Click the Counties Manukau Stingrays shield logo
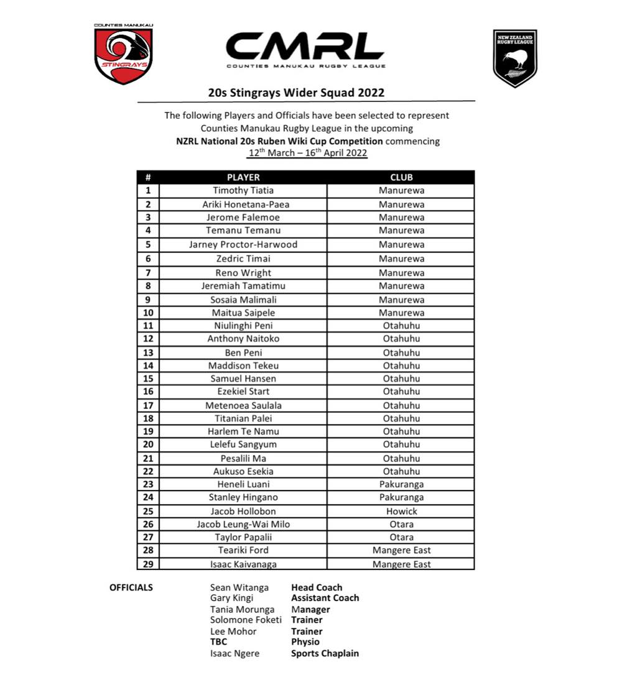pos(123,55)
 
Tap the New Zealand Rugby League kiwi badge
pos(515,58)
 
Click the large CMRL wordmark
pos(305,47)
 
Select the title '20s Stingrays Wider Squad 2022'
pos(296,93)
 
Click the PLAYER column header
pos(243,177)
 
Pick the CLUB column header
pos(401,177)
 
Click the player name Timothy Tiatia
pos(243,191)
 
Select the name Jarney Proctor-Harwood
pos(243,245)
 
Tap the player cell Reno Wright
pos(243,273)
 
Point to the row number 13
pos(148,352)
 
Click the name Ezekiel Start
pos(243,392)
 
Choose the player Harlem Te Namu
pos(243,431)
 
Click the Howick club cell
pos(401,511)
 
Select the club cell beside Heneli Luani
pos(401,484)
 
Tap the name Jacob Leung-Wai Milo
pos(243,524)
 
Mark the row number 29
pos(148,564)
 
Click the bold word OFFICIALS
pos(131,587)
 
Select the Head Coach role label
pos(317,587)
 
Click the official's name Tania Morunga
pos(242,609)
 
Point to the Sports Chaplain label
pos(325,653)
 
